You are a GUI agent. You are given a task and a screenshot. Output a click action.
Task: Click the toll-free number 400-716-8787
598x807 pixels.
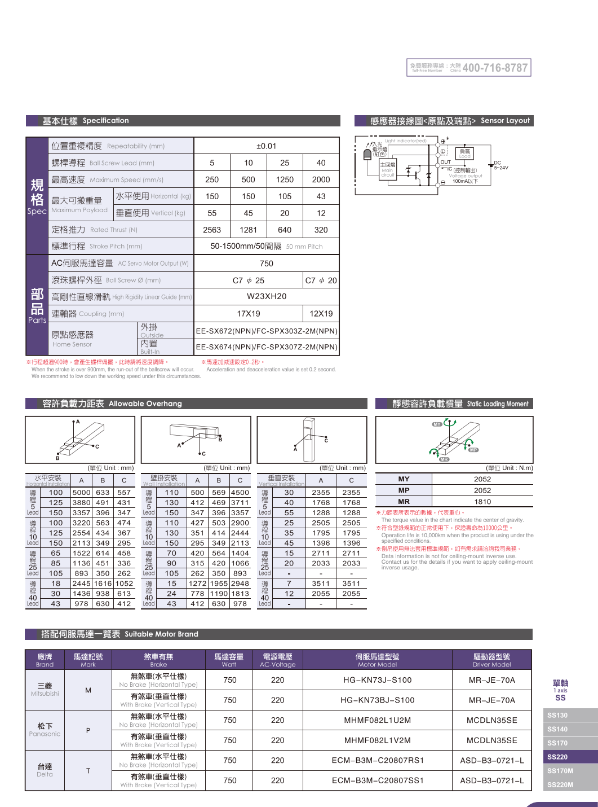pos(494,68)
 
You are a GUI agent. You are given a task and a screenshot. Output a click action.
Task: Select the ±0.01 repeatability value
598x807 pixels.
pos(266,146)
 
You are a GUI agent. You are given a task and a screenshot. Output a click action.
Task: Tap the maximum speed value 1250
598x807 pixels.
pos(285,179)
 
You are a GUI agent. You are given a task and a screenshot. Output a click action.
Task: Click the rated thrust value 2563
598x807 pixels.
pos(212,230)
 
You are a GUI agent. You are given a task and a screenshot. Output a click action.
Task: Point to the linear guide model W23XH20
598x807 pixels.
pos(266,296)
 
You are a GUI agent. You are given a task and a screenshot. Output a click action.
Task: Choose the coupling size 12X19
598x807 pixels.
pos(321,314)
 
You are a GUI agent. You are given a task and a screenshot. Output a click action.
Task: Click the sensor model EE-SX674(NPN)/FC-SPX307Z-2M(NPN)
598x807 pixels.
pos(266,347)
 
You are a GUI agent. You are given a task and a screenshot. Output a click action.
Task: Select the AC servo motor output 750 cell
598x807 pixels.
pos(266,264)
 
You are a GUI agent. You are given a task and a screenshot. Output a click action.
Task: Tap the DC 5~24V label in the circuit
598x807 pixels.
pos(500,165)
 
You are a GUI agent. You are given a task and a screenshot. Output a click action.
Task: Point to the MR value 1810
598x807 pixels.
pos(482,502)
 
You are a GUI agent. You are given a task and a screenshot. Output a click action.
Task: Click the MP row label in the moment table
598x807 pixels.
pos(404,490)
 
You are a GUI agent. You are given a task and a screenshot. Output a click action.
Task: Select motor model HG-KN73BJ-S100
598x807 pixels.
pos(377,700)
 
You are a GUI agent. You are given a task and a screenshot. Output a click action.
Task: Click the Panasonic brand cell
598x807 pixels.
pos(45,730)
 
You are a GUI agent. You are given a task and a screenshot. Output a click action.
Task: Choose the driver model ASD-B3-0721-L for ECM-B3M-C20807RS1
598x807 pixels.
pos(491,760)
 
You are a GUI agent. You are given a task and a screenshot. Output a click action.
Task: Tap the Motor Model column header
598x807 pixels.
pos(377,660)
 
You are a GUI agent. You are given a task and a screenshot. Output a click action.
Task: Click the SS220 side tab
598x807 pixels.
pos(557,757)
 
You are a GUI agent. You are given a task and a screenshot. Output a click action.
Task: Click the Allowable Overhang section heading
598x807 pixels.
pos(112,403)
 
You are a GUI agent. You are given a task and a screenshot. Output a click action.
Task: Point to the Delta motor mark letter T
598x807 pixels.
pos(88,770)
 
